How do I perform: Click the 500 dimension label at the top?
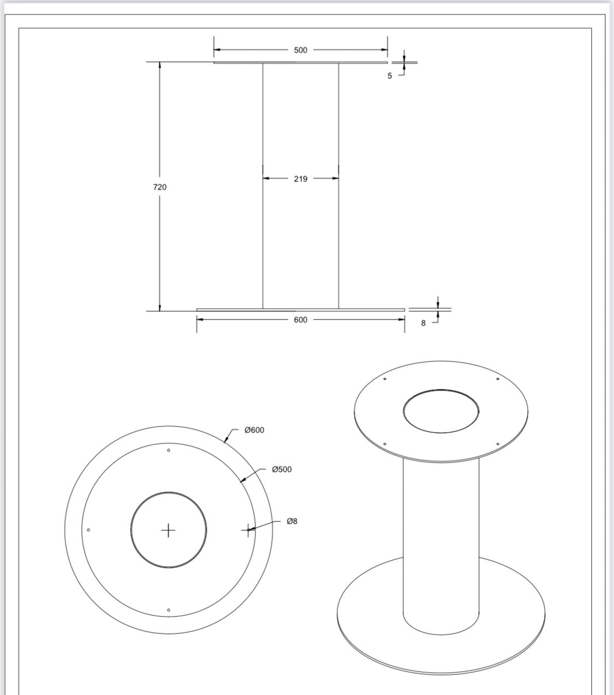[300, 50]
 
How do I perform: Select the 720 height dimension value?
[159, 187]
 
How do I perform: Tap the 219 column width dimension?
[300, 179]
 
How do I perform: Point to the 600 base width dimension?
[300, 320]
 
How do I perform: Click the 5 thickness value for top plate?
[390, 76]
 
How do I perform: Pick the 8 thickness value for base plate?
[423, 323]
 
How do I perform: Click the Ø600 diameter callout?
[254, 430]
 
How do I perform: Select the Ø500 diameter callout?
[282, 470]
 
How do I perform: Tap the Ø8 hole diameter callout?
[292, 521]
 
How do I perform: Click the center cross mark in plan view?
[169, 530]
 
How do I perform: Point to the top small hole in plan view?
[169, 450]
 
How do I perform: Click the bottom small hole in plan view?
[169, 610]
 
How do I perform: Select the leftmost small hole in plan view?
[88, 530]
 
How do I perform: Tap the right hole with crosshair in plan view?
[248, 530]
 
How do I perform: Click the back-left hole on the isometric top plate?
[385, 379]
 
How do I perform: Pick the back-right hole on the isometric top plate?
[498, 379]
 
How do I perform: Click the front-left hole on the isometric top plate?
[385, 444]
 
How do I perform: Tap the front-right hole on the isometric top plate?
[498, 444]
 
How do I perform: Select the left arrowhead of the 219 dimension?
[266, 179]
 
